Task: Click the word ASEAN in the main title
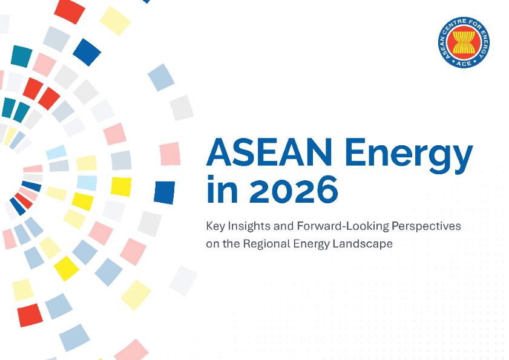click(269, 152)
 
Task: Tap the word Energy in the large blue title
click(409, 155)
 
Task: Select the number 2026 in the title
click(294, 190)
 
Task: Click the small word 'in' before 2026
click(222, 189)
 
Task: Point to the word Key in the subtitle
click(215, 226)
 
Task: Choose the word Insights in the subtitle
click(249, 226)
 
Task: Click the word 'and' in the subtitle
click(284, 226)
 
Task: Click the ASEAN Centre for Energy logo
click(464, 42)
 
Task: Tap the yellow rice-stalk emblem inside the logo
click(464, 42)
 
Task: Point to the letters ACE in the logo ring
click(464, 64)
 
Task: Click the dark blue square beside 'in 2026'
click(164, 192)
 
